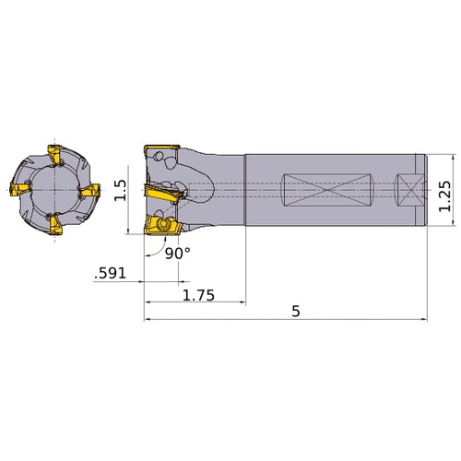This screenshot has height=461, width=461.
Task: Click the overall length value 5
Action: [296, 312]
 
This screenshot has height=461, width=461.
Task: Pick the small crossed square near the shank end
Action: [408, 192]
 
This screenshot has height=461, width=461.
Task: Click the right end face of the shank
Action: [424, 192]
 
